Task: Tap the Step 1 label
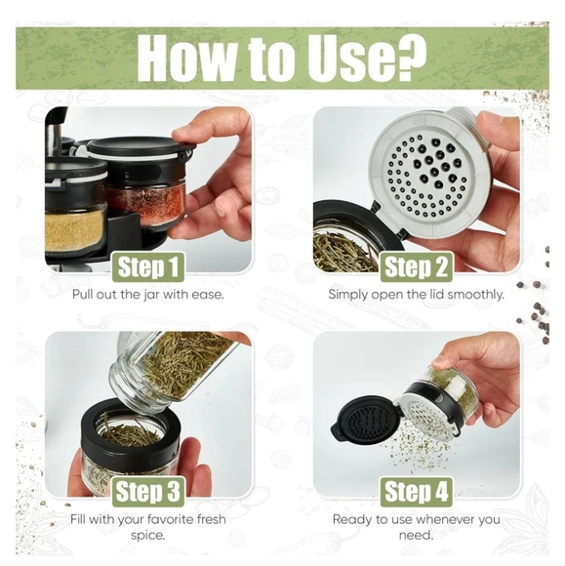point(149,266)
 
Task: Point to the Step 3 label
point(149,490)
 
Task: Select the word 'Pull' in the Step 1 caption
point(86,294)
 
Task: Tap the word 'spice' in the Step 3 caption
point(149,536)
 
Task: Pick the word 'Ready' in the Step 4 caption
point(353,519)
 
